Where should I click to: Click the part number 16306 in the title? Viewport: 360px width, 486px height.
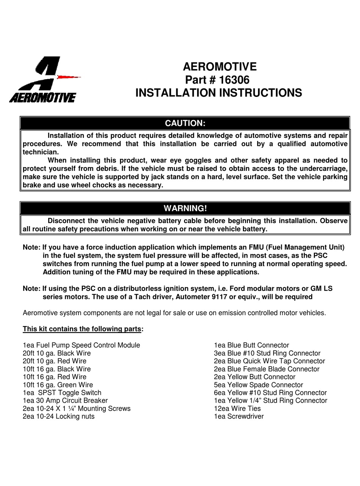coord(235,80)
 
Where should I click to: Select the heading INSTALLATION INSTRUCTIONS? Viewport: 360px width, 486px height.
coord(219,93)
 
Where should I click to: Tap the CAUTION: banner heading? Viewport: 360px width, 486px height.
coord(185,123)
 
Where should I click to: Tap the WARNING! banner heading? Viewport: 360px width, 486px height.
coord(185,208)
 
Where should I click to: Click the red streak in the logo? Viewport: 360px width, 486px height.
coord(69,77)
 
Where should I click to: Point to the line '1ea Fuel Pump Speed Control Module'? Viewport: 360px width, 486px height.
coord(81,345)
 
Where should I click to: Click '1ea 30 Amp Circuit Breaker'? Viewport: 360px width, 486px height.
coord(65,400)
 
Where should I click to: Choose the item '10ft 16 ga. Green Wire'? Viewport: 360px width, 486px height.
coord(58,385)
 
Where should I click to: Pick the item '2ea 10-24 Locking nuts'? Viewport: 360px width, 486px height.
coord(58,416)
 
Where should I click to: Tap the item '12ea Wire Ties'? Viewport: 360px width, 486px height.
coord(237,408)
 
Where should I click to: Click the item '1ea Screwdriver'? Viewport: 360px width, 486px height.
coord(239,416)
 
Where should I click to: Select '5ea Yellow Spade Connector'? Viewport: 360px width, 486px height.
coord(258,385)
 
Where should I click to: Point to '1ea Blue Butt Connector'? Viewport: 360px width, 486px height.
coord(251,345)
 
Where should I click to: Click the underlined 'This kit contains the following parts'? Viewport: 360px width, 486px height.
coord(82,329)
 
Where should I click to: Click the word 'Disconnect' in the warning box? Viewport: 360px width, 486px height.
coord(66,221)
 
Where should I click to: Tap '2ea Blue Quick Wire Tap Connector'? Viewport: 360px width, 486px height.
coord(269,361)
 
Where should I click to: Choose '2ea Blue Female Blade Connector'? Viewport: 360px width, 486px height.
coord(266,369)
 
